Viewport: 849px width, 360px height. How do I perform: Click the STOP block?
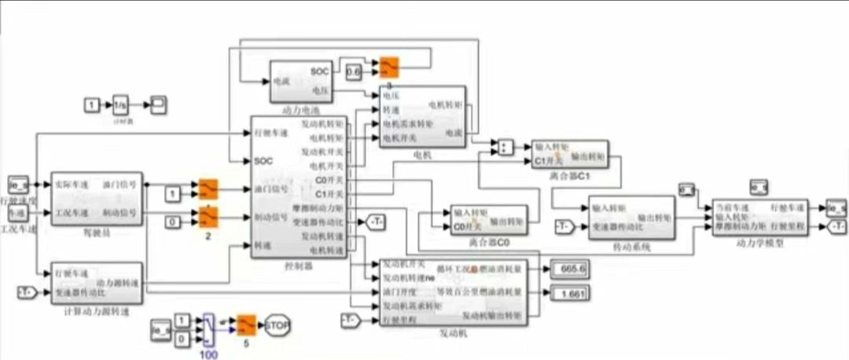point(277,325)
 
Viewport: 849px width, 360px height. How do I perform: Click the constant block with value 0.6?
point(354,72)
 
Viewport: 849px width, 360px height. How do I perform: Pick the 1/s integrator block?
point(120,105)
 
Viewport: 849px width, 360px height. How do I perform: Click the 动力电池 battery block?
point(301,80)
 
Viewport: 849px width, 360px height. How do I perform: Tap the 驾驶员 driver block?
point(95,199)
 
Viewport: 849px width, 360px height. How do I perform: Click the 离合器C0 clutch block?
point(488,220)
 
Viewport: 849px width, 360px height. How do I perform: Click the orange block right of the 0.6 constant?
point(389,68)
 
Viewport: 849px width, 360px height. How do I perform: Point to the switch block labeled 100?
point(208,329)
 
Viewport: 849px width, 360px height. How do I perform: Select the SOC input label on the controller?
point(263,160)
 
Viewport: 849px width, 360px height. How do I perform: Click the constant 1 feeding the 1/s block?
point(93,105)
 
